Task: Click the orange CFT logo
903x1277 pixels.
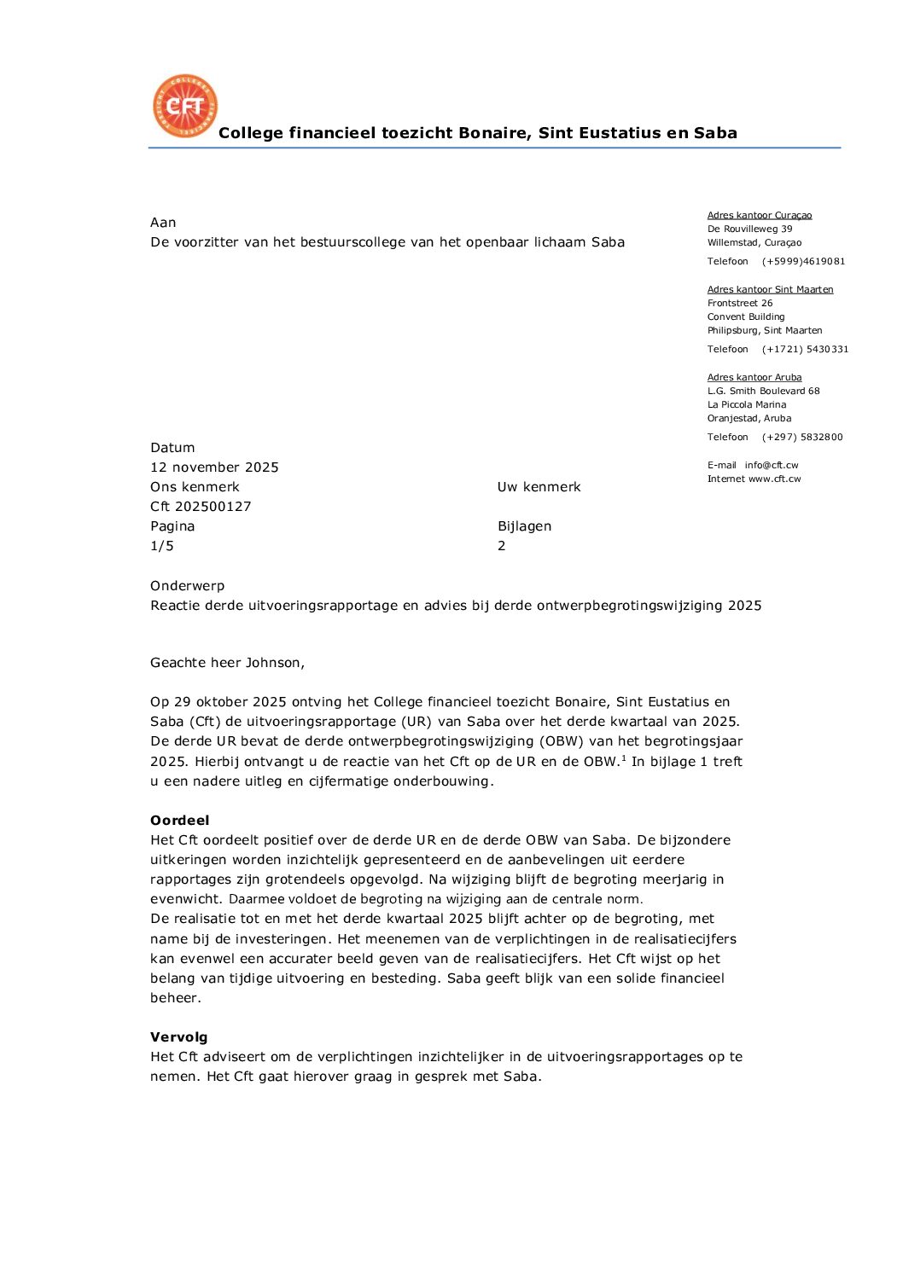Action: pos(185,106)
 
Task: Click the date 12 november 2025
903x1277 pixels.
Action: pos(214,467)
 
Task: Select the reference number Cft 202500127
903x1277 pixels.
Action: pos(201,507)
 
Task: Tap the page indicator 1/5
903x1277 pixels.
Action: pos(162,546)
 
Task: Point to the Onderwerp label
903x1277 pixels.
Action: pos(187,586)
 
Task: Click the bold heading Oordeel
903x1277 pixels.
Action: pos(179,821)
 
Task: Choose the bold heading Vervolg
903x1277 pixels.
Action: pos(178,1037)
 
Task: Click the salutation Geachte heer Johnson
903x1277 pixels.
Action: pos(227,663)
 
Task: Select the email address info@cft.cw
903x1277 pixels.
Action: pos(772,465)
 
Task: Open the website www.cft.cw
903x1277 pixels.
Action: pos(775,479)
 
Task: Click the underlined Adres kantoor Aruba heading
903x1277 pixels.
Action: pos(754,377)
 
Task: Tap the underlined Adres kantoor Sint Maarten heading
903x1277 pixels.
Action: pos(770,289)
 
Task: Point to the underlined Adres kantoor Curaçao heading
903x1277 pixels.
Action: pos(760,215)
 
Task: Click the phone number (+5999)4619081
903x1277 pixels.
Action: pos(803,261)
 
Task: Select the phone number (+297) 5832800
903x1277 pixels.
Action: pos(802,437)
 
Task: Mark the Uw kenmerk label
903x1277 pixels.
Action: pos(539,487)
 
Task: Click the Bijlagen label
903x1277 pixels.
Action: pos(524,526)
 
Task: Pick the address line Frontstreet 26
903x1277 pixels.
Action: pos(740,303)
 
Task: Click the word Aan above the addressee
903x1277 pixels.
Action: pos(163,223)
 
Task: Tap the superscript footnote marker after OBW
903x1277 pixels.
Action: pos(623,757)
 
